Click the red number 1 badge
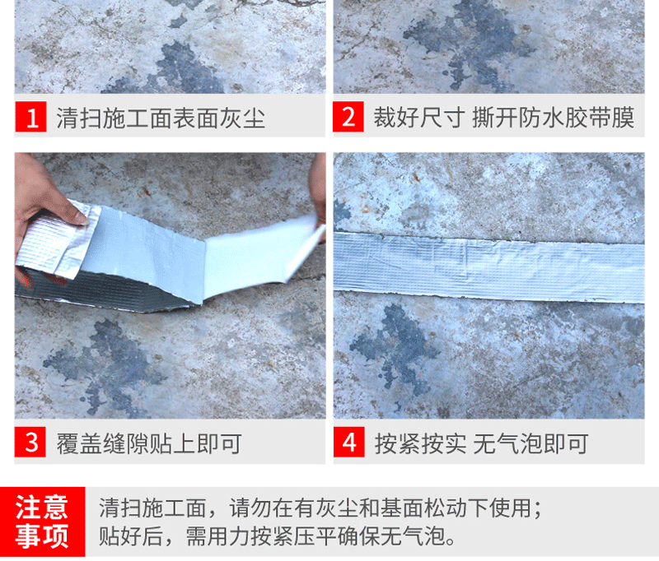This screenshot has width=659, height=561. click(x=30, y=117)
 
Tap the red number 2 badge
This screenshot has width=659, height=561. click(x=348, y=117)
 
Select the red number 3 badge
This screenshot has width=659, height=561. click(x=30, y=443)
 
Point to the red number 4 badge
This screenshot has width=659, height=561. click(x=348, y=443)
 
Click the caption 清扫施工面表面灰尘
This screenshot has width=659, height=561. click(x=161, y=118)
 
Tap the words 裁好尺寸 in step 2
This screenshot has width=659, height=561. click(x=419, y=117)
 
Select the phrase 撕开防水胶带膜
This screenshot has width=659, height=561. click(x=553, y=117)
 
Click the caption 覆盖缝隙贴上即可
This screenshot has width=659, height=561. click(x=149, y=443)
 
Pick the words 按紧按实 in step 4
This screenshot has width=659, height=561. click(x=420, y=443)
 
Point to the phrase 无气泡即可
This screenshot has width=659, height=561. click(x=530, y=443)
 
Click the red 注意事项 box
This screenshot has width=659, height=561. click(x=43, y=522)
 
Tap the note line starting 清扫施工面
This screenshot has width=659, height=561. click(x=320, y=508)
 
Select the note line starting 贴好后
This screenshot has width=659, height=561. click(x=278, y=535)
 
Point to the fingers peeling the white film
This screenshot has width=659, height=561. click(x=318, y=197)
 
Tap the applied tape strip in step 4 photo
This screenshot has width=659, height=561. click(x=488, y=267)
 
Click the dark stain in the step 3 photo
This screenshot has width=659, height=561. click(x=105, y=363)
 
